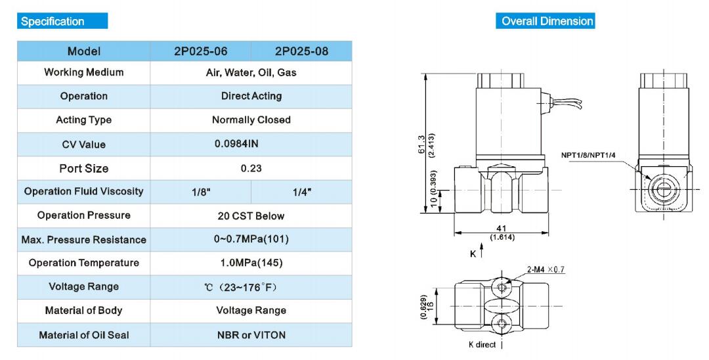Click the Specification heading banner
(x=62, y=21)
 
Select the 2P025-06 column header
(x=201, y=51)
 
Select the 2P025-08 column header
(x=301, y=51)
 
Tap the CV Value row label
(x=83, y=145)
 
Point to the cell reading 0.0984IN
(x=236, y=144)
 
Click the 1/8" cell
(x=202, y=192)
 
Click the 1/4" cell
(x=302, y=192)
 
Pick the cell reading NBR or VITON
(x=251, y=335)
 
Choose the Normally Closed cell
(x=251, y=120)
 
